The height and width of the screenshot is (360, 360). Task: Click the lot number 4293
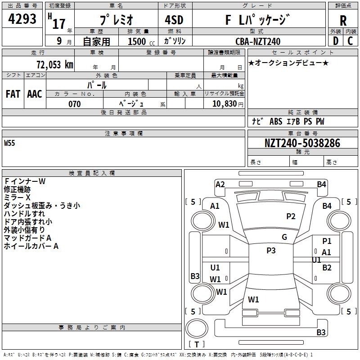tap(22, 19)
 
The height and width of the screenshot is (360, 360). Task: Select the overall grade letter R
tap(343, 21)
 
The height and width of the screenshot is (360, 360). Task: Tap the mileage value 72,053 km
tap(55, 65)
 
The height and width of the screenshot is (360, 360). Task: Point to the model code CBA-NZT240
tap(258, 41)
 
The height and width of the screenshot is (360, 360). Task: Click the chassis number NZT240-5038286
tap(302, 143)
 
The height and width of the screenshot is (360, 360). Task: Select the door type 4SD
tap(174, 20)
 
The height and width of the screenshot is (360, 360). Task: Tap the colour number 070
tap(75, 104)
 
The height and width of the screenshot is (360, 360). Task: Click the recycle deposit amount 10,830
tap(224, 103)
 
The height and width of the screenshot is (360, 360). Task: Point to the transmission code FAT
tap(13, 94)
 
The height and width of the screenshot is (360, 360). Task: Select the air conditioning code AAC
tap(35, 94)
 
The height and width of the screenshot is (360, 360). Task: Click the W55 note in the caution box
tap(9, 143)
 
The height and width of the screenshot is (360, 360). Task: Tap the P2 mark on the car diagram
tap(291, 216)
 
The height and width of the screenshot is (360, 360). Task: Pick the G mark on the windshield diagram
tap(284, 237)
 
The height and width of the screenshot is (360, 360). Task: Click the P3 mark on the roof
tap(271, 251)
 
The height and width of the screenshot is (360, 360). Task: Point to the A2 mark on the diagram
tap(220, 184)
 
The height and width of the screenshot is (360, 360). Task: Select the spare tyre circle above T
tap(197, 328)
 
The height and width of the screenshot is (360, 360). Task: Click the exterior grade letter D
tap(336, 41)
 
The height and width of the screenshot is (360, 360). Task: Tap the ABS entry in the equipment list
tap(276, 121)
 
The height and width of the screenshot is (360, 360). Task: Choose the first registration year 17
tap(59, 24)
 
